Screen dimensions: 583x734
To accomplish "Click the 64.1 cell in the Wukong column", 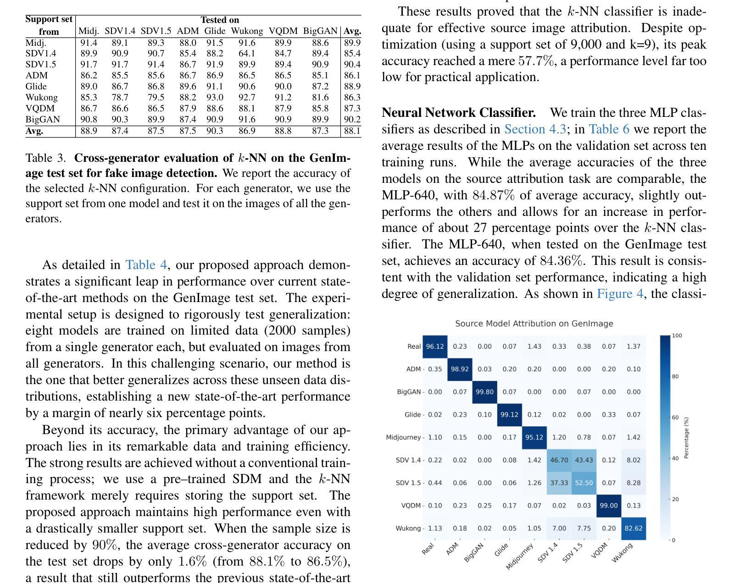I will click(247, 53).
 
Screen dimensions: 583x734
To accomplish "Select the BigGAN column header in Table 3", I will click(320, 31).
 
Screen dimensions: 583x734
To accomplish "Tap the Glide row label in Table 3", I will click(36, 86).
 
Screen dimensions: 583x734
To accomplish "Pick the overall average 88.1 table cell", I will click(352, 131).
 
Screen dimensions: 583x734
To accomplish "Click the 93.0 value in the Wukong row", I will click(215, 97).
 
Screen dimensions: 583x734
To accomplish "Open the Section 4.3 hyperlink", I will click(535, 129).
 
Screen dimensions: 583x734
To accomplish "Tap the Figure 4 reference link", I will click(620, 293).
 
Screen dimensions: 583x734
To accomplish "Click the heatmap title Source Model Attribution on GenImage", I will click(534, 324).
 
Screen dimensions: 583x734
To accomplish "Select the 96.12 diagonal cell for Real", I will click(435, 346).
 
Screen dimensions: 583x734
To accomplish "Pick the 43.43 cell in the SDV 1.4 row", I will click(584, 460).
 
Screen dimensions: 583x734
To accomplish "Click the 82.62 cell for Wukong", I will click(633, 528).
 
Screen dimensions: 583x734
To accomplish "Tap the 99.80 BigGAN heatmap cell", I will click(484, 392).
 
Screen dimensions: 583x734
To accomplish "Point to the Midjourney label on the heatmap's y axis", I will click(403, 437).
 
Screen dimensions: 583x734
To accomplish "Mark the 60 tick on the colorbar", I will click(675, 418).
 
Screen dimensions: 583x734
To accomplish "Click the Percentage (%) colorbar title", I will click(686, 438).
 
